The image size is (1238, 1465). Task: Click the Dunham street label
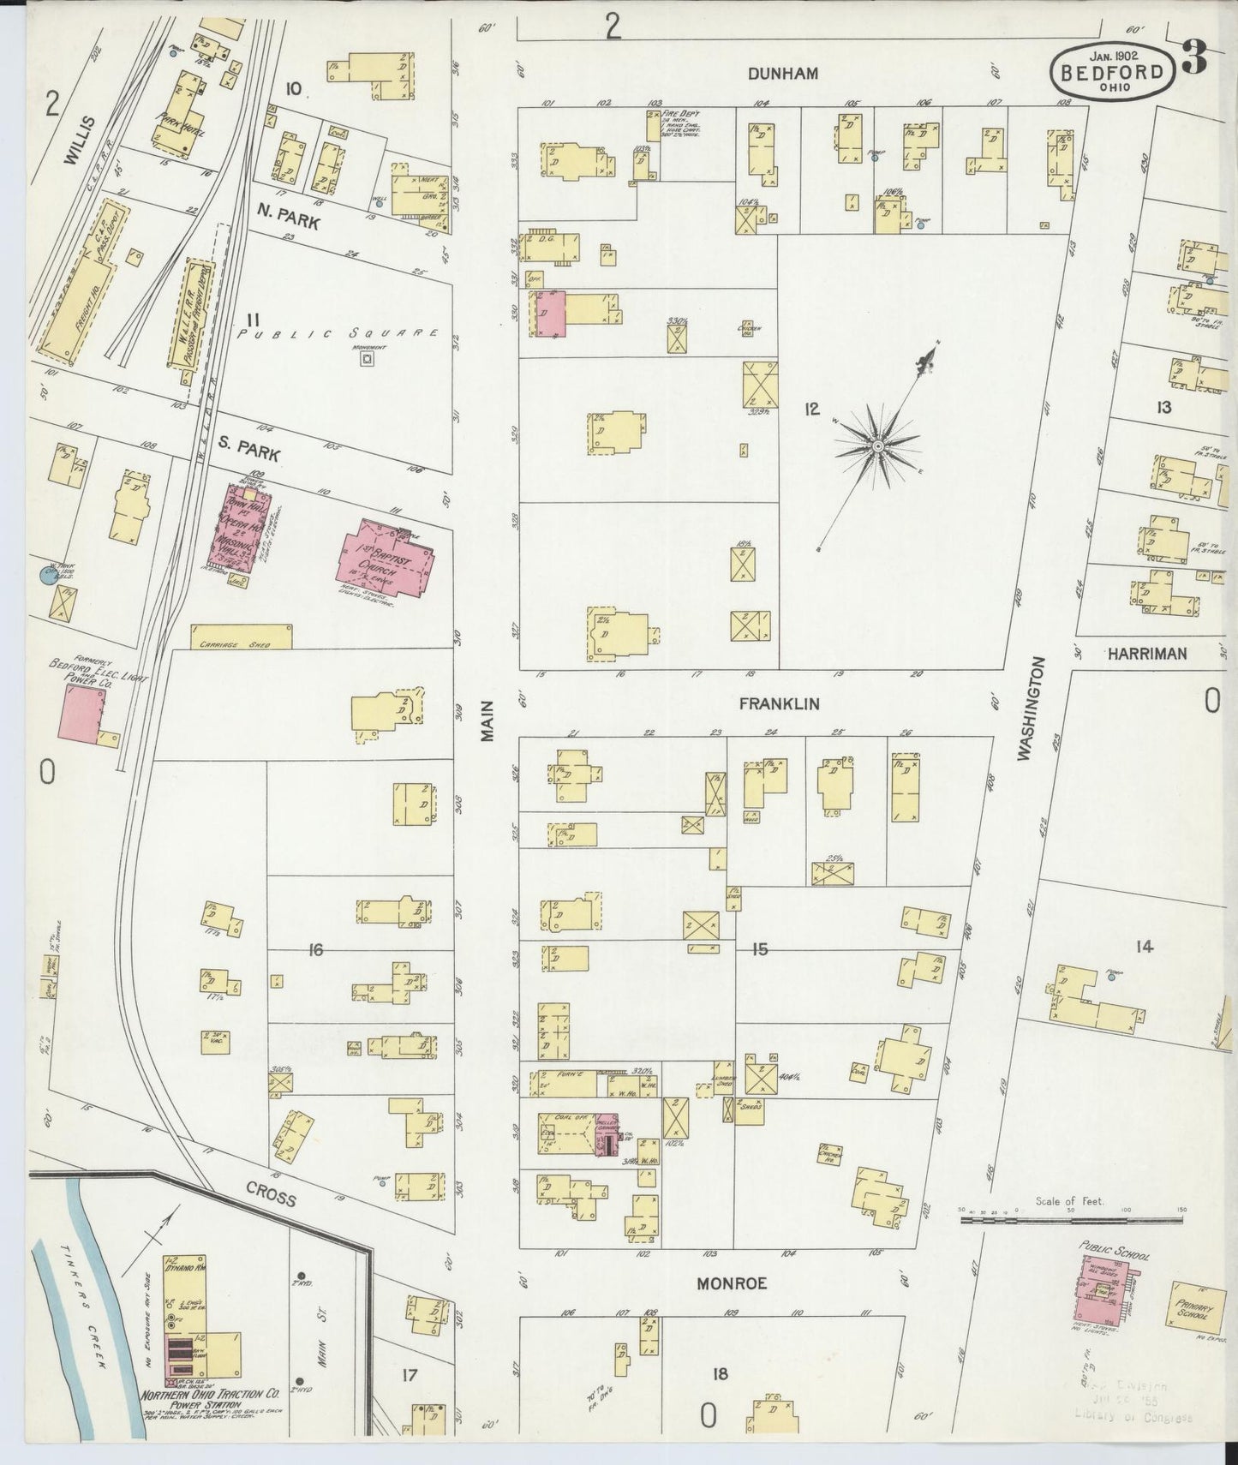click(x=782, y=75)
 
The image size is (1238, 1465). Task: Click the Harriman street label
click(x=1146, y=654)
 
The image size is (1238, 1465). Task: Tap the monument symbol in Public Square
click(x=367, y=360)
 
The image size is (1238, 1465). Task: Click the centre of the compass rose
click(x=877, y=446)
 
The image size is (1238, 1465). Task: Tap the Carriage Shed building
click(x=241, y=637)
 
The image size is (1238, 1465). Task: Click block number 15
click(x=758, y=949)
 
